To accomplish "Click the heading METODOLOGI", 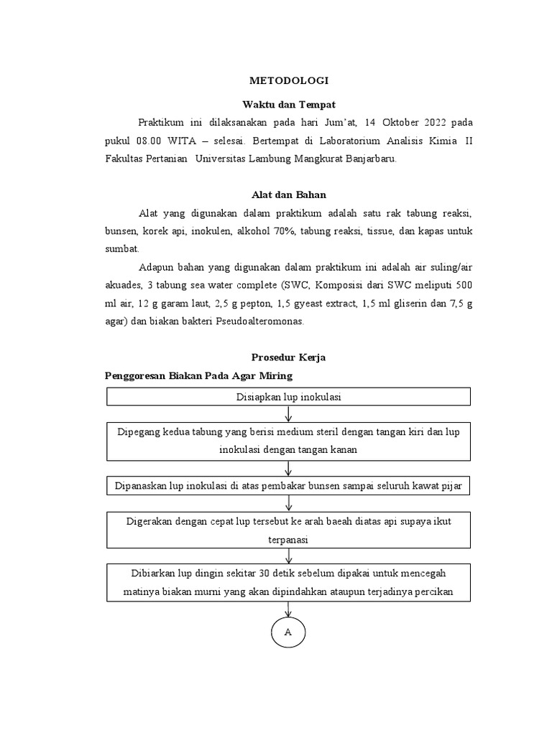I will pos(288,81).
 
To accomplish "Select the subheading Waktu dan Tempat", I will pos(288,104).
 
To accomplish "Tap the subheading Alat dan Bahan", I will pos(288,194).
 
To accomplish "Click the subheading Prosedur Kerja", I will pos(288,357).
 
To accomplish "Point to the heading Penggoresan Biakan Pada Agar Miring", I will pos(198,375).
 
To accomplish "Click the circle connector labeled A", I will pos(288,632).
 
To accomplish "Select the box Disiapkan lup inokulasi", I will pos(288,396).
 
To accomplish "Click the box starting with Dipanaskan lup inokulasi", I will pos(288,486).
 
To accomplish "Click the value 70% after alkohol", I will pos(283,230).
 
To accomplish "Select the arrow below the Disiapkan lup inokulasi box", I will pos(288,414).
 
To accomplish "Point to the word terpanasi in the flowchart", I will pos(288,540).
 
